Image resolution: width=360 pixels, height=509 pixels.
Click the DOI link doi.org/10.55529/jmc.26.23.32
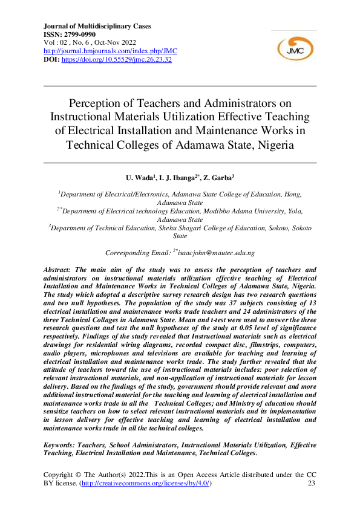point(117,60)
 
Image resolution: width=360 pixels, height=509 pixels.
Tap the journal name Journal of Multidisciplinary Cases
point(97,26)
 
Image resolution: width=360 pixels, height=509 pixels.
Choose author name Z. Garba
point(218,178)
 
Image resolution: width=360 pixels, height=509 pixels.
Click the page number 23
point(312,484)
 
